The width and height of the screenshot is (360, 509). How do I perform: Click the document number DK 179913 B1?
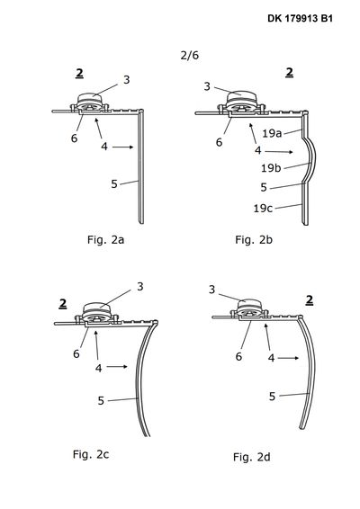pyautogui.click(x=300, y=19)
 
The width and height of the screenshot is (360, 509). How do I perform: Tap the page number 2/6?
pyautogui.click(x=189, y=55)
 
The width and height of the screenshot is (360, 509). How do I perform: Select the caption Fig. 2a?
pyautogui.click(x=105, y=240)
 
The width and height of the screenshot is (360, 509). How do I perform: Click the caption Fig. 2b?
pyautogui.click(x=254, y=240)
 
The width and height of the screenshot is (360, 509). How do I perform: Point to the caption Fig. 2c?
pyautogui.click(x=91, y=454)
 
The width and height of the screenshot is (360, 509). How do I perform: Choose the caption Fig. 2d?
pyautogui.click(x=251, y=457)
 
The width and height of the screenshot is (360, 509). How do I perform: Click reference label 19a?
pyautogui.click(x=272, y=133)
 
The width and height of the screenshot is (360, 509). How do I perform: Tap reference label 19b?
pyautogui.click(x=271, y=168)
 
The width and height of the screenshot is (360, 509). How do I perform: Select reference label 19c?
pyautogui.click(x=263, y=209)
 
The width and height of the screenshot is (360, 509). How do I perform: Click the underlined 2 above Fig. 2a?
pyautogui.click(x=79, y=74)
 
